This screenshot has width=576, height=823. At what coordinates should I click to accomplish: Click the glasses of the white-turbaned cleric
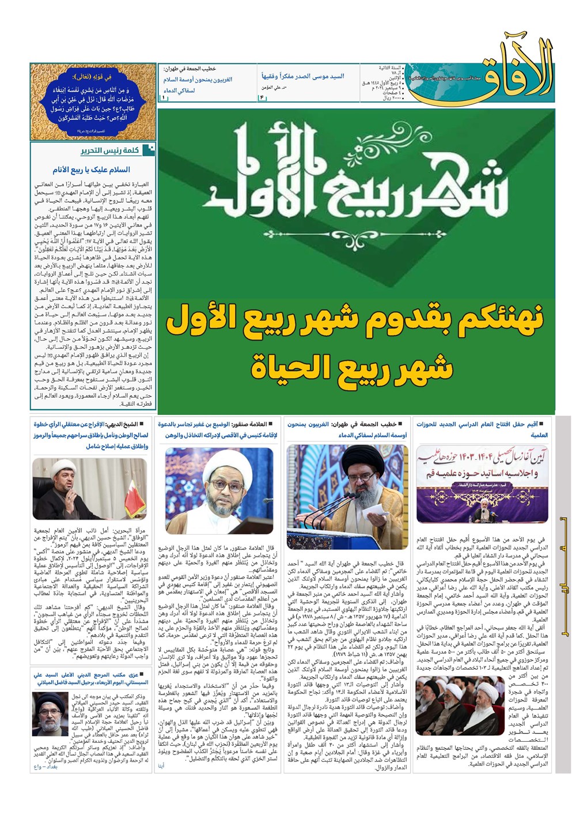(x=220, y=478)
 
